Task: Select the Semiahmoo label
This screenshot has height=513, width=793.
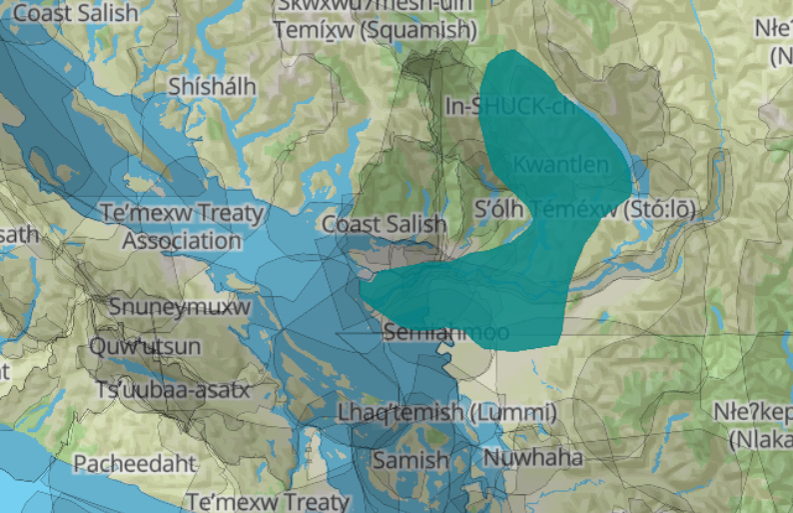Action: tap(446, 332)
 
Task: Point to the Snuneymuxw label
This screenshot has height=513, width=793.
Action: tap(180, 306)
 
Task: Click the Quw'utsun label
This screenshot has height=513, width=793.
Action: tap(145, 347)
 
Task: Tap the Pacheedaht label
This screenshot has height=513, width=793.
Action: tap(135, 464)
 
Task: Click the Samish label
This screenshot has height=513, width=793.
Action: tap(410, 460)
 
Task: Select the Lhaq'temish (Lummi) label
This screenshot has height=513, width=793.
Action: tap(446, 412)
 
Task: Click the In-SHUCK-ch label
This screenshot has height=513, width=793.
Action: tap(509, 106)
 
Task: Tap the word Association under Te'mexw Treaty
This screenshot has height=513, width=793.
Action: tap(182, 240)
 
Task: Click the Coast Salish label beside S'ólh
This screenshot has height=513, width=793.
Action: tap(384, 224)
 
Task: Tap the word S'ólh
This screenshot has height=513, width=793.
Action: tap(499, 210)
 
